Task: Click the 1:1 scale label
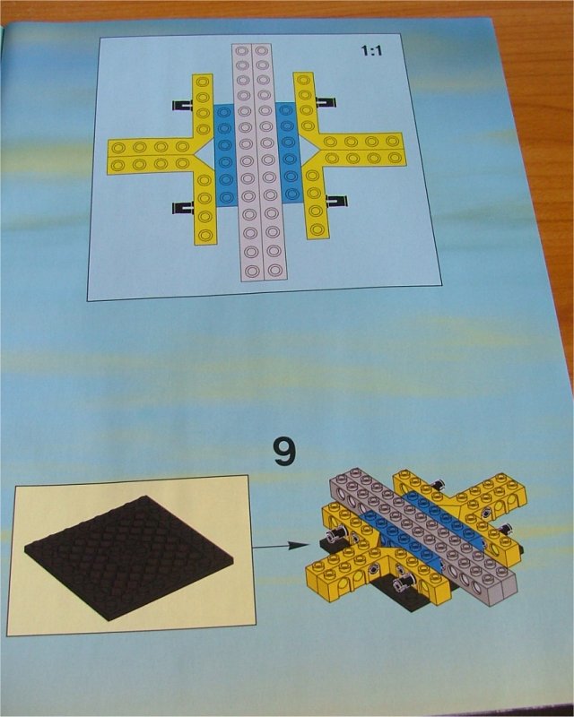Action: point(371,50)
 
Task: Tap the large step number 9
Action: point(283,452)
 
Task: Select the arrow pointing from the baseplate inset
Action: point(281,546)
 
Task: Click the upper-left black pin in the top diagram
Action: point(182,105)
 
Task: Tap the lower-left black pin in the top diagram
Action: point(182,208)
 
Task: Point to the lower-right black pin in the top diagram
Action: point(336,200)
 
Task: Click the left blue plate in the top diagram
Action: point(224,156)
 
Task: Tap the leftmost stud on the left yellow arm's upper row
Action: point(118,148)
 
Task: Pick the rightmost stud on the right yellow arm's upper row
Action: point(391,141)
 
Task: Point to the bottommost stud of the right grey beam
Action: point(274,269)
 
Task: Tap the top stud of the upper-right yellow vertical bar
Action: point(302,80)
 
